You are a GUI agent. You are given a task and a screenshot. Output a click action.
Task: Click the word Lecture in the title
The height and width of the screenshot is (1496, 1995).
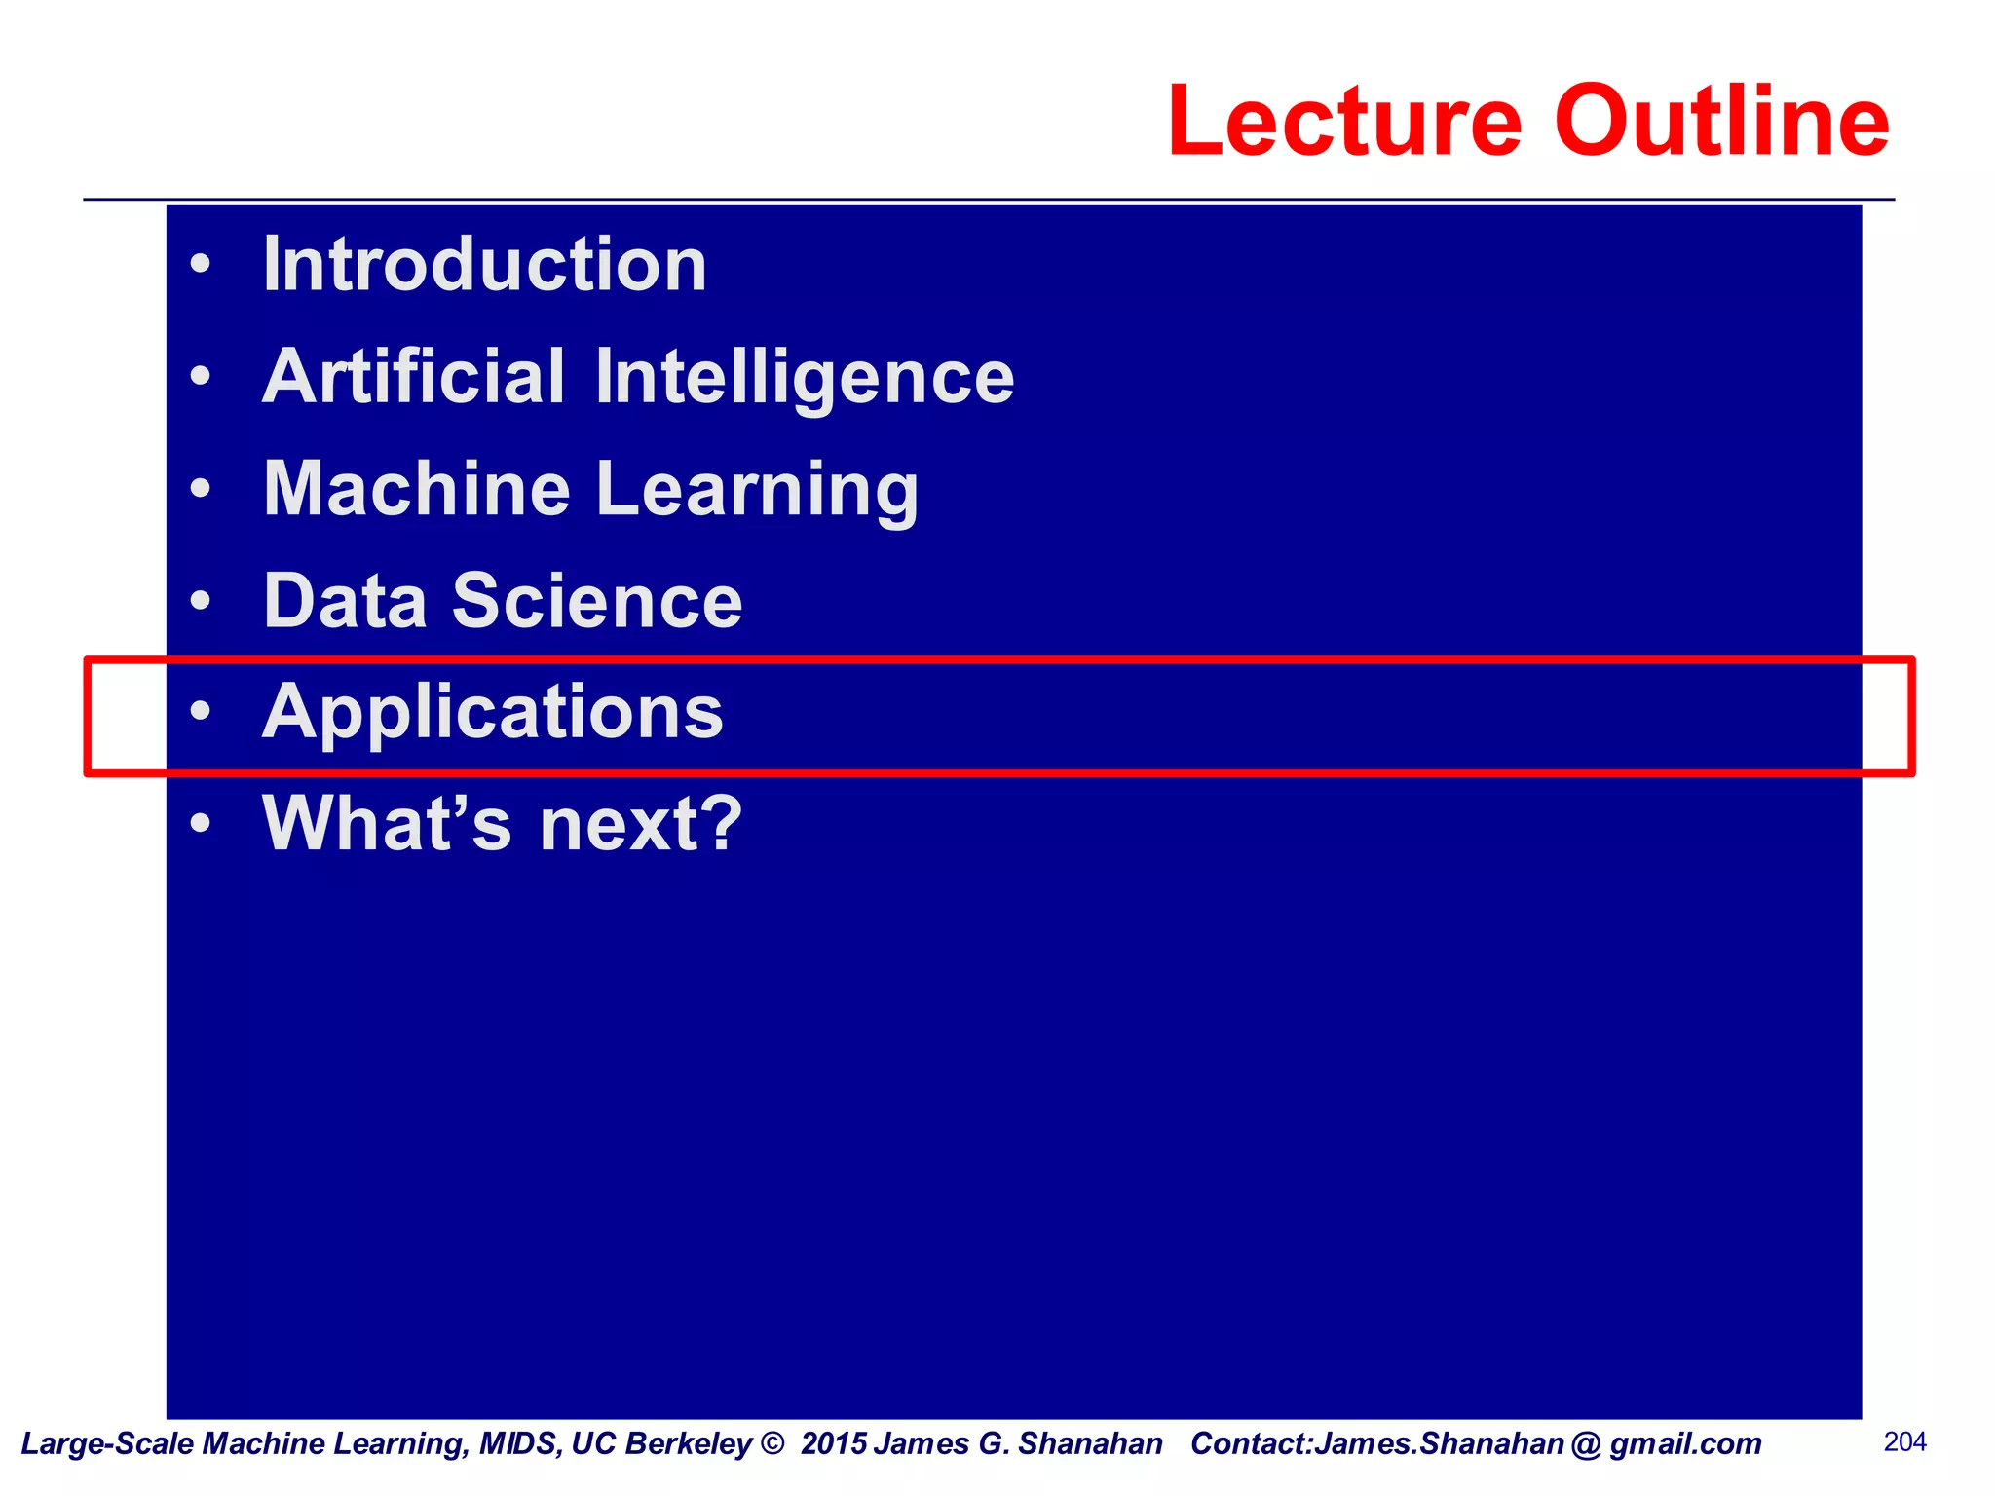(x=1344, y=121)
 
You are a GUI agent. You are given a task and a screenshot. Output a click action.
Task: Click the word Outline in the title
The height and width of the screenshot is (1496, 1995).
(x=1721, y=121)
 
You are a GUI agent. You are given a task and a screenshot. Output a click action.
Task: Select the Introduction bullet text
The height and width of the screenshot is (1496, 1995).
(x=485, y=265)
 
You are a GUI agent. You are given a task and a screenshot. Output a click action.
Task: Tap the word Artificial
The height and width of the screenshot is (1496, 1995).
(x=414, y=377)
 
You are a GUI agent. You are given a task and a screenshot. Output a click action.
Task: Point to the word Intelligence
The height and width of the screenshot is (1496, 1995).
(x=805, y=379)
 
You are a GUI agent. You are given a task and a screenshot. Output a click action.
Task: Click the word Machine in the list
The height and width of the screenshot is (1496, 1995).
(x=417, y=489)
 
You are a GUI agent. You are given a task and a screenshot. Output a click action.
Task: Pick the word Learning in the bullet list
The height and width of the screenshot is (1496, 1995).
(x=757, y=491)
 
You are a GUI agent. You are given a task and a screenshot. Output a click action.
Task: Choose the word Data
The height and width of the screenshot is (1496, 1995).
(x=346, y=601)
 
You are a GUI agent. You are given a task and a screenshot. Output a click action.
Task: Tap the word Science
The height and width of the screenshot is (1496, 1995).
(x=597, y=601)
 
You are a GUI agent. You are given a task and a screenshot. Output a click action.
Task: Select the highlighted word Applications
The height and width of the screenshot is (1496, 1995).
(x=493, y=713)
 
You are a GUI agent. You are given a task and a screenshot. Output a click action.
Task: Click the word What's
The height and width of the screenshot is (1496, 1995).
(x=387, y=824)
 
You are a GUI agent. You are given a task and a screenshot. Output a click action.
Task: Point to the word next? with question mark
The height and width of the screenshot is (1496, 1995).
(x=641, y=824)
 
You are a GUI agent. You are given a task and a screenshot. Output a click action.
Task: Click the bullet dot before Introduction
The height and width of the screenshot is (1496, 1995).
(x=201, y=265)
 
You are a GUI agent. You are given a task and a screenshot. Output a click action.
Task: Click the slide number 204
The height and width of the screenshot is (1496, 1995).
(x=1905, y=1441)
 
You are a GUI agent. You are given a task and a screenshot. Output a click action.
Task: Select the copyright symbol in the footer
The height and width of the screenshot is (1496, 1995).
(x=772, y=1443)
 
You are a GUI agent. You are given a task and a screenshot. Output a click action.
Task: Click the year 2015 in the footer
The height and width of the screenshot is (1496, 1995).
(x=834, y=1443)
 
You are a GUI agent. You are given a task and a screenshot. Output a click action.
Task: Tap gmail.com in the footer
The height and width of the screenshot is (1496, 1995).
(x=1685, y=1443)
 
